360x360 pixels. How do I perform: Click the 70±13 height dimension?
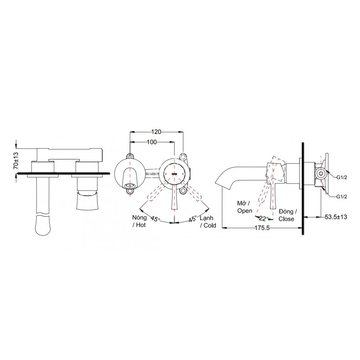15,160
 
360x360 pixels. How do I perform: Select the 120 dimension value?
156,132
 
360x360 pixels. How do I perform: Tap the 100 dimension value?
152,142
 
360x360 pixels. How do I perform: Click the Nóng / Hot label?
140,221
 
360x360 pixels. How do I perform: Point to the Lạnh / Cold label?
208,221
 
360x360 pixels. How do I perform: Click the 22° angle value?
264,218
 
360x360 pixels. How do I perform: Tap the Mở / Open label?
245,207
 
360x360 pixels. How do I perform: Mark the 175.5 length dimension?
262,228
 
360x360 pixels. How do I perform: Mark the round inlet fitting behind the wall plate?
320,174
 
